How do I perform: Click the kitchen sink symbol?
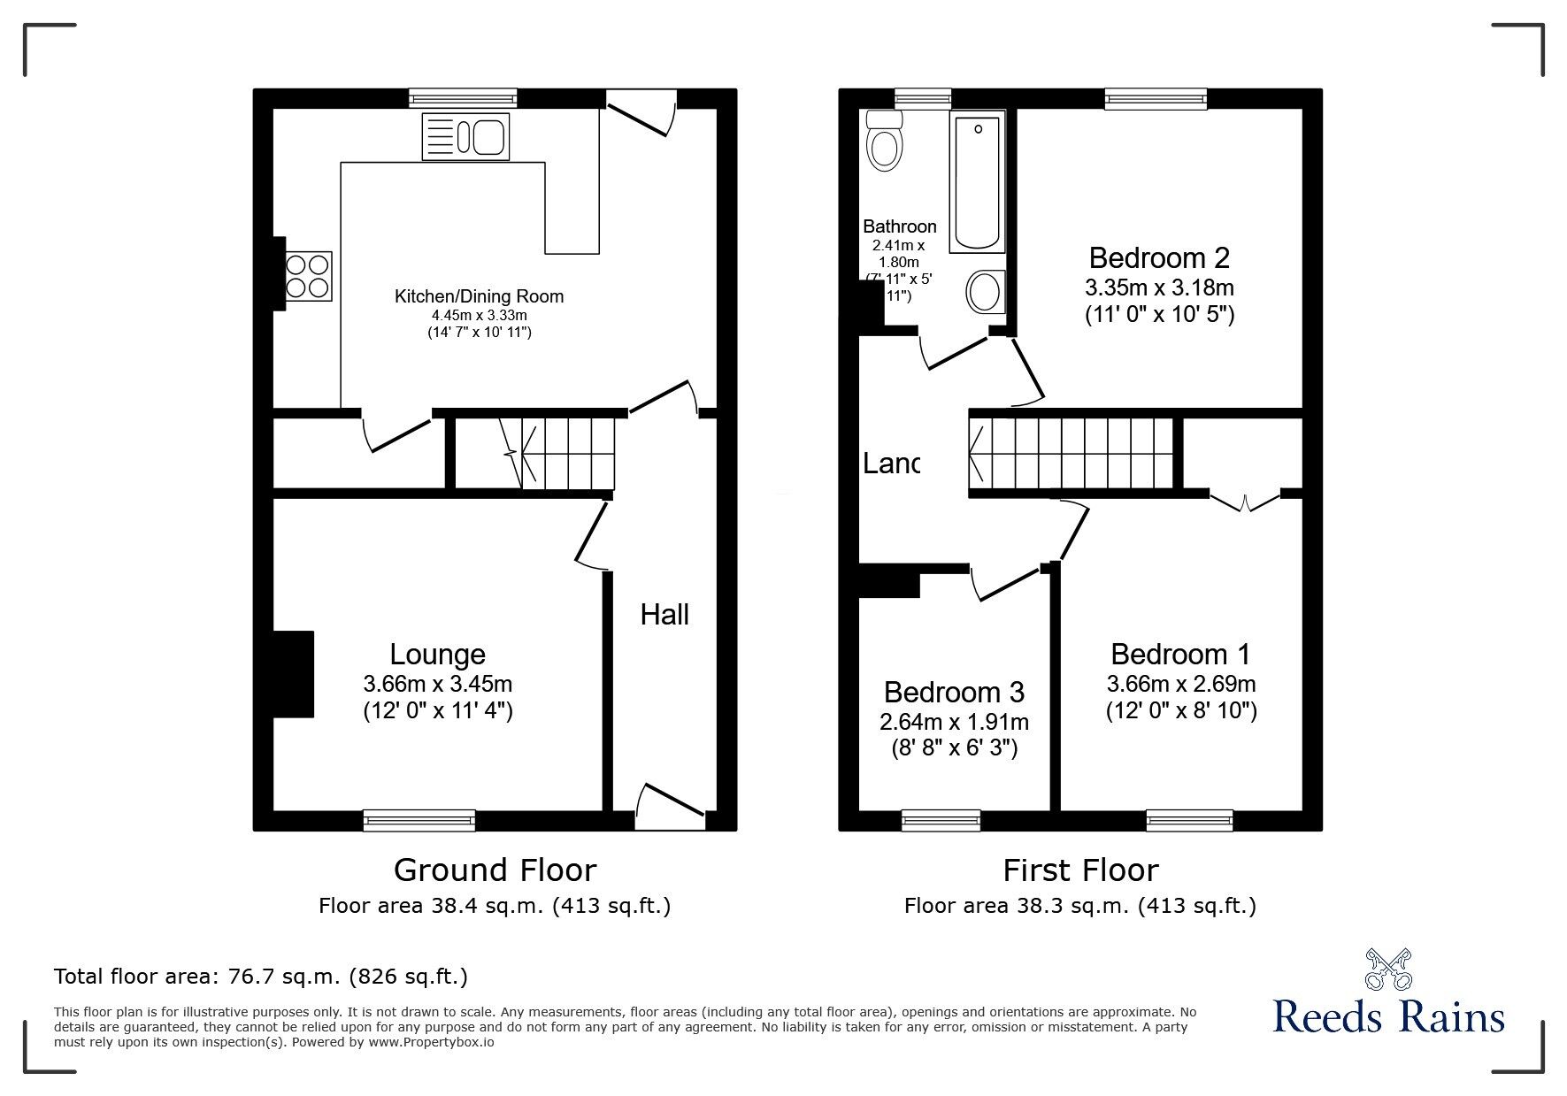click(x=465, y=137)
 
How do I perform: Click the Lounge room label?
click(x=438, y=655)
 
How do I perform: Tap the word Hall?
click(x=664, y=614)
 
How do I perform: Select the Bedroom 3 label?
click(x=954, y=692)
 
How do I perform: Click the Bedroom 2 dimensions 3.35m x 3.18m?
click(x=1159, y=287)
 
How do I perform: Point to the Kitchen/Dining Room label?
click(x=479, y=296)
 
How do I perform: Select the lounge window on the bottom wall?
click(x=419, y=820)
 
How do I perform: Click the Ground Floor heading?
click(x=495, y=870)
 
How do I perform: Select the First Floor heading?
click(x=1079, y=870)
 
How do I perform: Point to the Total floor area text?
click(x=261, y=977)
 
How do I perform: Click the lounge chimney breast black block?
click(x=294, y=673)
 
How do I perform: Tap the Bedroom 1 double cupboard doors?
click(x=1244, y=502)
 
